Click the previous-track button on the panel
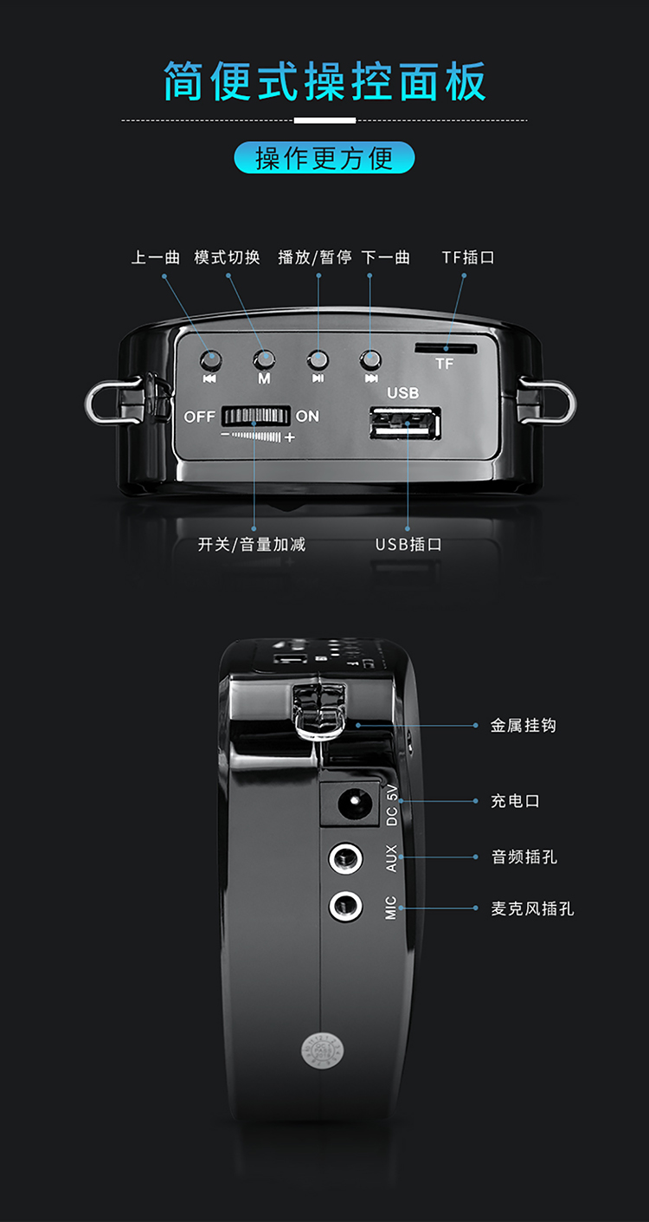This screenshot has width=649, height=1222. pos(211,360)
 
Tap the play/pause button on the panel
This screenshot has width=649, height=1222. pos(318,360)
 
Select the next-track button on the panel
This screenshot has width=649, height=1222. pos(370,360)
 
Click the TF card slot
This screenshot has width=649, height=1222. pos(446,348)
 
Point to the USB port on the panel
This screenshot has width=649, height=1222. pos(405,423)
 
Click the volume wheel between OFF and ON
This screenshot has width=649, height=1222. pos(255,417)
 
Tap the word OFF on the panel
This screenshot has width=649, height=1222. pos(199,417)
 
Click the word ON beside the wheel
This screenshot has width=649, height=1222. pos(307,417)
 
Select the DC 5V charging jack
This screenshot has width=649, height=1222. pos(350,804)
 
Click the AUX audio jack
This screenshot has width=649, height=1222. pos(345,858)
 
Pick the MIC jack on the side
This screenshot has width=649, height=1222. pos(345,906)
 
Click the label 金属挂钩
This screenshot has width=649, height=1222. pos(524,726)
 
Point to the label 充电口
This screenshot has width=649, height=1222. pos(515,801)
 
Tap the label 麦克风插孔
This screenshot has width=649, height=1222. pos(532,908)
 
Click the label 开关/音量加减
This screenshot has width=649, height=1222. pos(252,545)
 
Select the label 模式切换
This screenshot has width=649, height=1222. pos(228,257)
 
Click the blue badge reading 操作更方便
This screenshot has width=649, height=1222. pos(324,158)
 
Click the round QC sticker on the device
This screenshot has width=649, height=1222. pos(323,1051)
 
